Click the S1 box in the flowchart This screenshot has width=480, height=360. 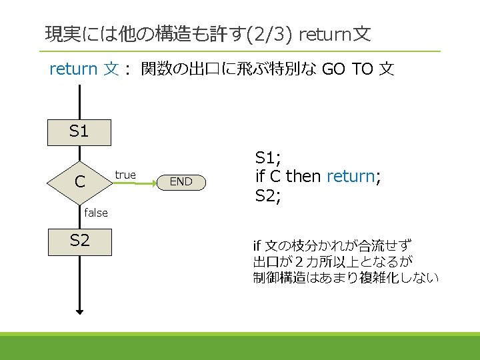pos(79,132)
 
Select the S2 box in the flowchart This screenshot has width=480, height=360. pos(79,241)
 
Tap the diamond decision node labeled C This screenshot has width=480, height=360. pos(79,181)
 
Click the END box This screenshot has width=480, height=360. pos(181,181)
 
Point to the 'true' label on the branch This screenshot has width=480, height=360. pos(125,175)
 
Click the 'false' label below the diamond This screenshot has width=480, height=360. pos(96,213)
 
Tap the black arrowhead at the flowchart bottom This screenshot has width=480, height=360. pos(79,309)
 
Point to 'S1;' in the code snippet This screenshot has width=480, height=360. pos(269,158)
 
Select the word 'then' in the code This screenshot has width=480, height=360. pos(304,177)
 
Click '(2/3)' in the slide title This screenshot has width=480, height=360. pos(271,34)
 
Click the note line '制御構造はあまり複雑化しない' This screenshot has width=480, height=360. pos(345,277)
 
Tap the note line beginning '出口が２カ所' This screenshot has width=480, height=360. pos(333,261)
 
